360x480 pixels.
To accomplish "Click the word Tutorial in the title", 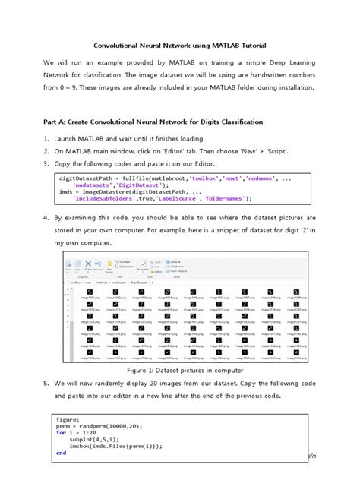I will pos(249,46).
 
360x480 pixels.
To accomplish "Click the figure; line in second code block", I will pos(67,418).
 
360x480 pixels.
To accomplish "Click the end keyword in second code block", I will pos(61,453).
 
